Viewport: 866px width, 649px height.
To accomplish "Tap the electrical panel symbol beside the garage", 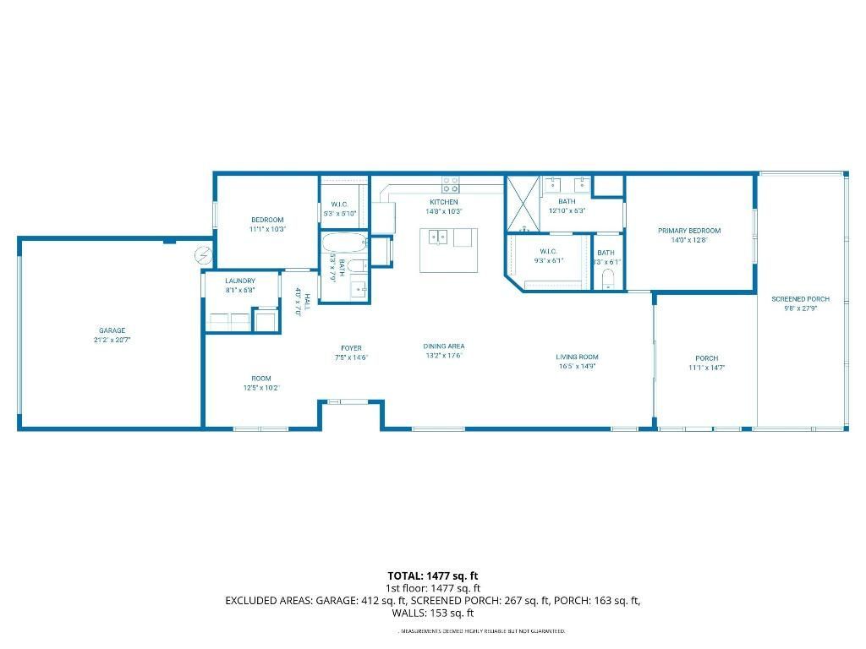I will point(204,253).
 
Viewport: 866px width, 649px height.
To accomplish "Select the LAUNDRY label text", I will point(240,281).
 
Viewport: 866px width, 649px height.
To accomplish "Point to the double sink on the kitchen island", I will point(437,237).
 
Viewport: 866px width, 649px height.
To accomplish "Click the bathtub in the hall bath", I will point(344,244).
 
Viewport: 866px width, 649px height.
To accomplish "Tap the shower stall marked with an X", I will point(522,204).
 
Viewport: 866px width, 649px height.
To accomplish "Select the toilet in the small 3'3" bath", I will point(607,281).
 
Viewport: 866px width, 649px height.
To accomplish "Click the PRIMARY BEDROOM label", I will point(689,231).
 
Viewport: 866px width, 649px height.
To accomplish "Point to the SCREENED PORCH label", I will point(800,299).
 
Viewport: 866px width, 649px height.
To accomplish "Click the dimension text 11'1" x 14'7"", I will point(706,368).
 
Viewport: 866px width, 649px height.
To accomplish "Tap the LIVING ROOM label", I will point(578,357).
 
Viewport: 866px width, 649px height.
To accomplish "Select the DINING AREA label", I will point(444,346).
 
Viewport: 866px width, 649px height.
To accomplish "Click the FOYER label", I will point(351,347).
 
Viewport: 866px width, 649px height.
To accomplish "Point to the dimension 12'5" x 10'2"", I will point(260,388).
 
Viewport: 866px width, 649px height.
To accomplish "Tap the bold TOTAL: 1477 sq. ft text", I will point(433,575).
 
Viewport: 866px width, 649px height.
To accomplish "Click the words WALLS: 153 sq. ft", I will point(433,614).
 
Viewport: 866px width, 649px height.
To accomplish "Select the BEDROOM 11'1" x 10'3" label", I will point(266,220).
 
